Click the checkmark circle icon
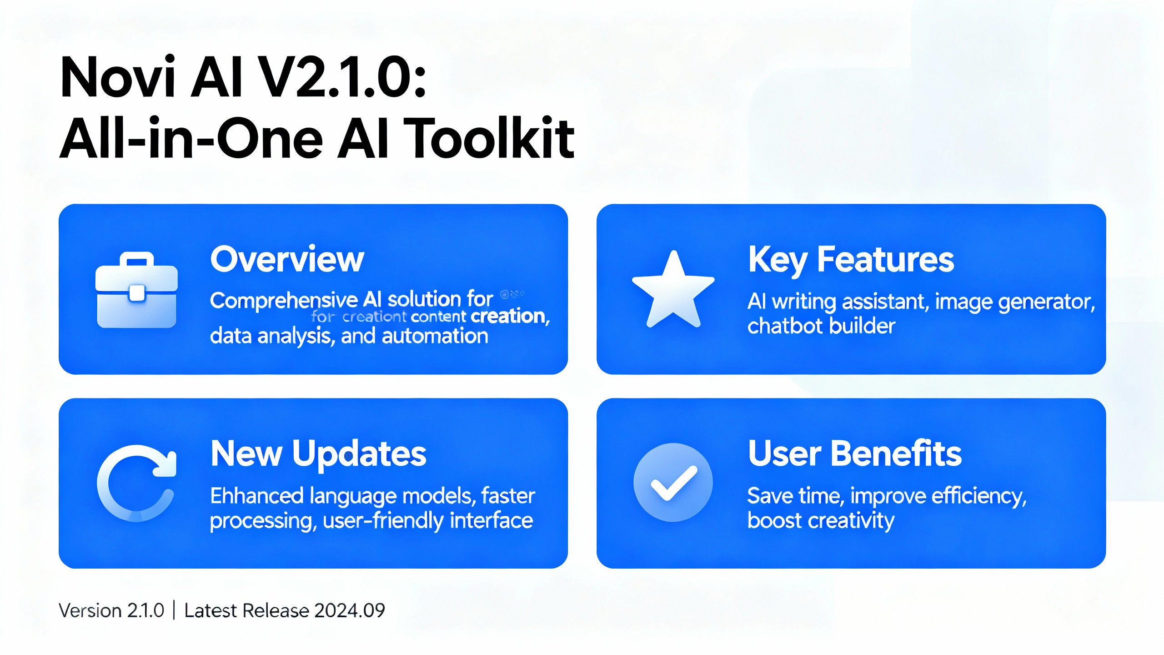click(673, 482)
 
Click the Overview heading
click(287, 259)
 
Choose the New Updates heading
click(318, 454)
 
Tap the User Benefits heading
click(855, 454)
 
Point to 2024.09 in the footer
click(350, 610)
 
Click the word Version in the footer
click(88, 610)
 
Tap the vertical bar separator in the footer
click(174, 610)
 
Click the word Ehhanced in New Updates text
click(256, 496)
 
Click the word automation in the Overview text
click(435, 337)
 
